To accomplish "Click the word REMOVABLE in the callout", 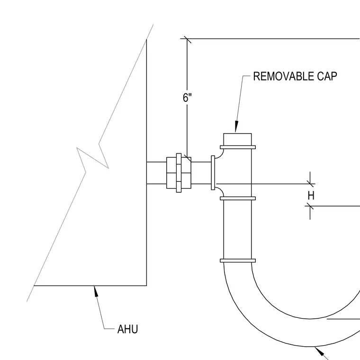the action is pos(284,76).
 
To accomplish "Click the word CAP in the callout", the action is pos(327,76).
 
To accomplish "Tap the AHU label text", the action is pos(127,329).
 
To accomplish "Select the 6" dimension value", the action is pos(187,98).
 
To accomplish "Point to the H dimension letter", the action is pos(311,196).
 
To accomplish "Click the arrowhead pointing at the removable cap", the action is pos(236,127).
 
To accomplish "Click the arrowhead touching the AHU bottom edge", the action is pos(96,291).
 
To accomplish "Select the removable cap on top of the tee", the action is pos(237,139).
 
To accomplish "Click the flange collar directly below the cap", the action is pos(238,147).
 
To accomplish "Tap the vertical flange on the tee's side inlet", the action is pos(213,172).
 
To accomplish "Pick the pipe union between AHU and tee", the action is pos(179,172).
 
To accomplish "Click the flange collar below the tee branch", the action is pos(238,198).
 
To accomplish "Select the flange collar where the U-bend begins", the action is pos(238,261).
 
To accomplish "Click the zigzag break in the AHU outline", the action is pos(92,158).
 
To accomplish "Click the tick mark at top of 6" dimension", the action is pos(187,39).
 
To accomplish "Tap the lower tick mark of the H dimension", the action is pos(310,206).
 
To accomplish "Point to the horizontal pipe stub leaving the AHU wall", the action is pos(156,173).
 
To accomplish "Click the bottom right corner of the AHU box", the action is pos(146,286).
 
